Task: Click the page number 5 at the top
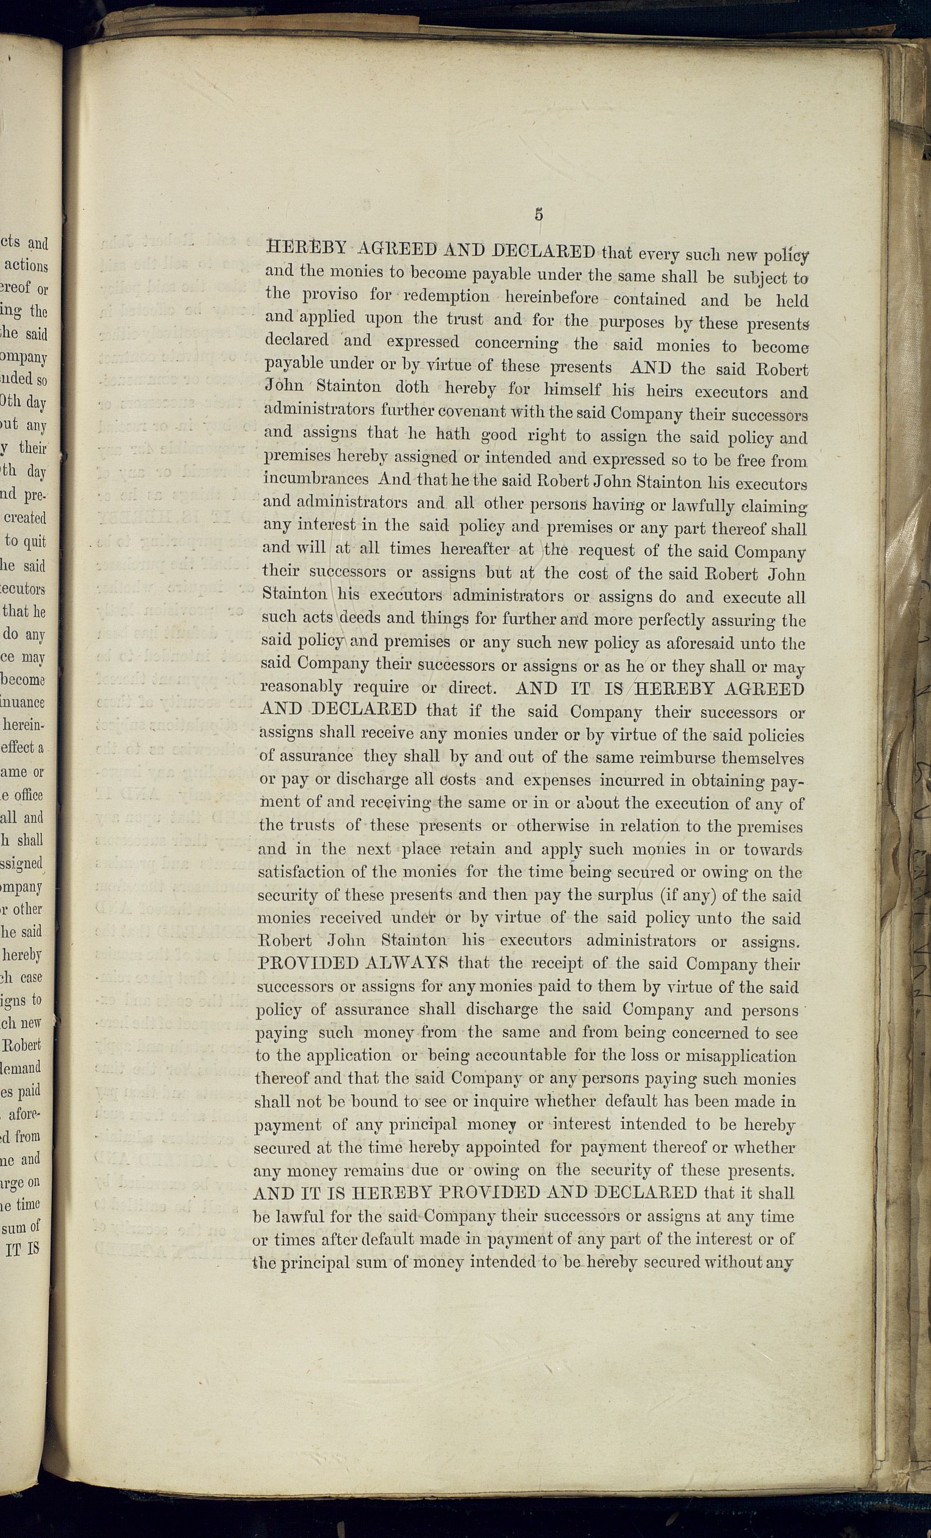coord(538,214)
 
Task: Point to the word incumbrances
coord(316,479)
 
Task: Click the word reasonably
coord(302,687)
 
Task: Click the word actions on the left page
coord(26,266)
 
